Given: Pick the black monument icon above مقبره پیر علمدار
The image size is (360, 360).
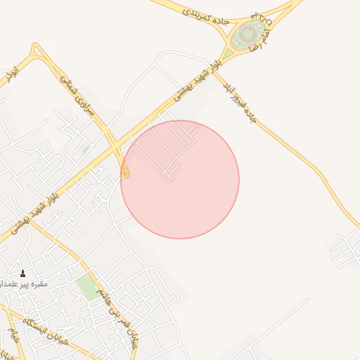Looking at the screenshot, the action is tap(22, 274).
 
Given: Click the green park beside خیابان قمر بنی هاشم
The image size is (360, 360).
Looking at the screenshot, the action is tap(88, 287).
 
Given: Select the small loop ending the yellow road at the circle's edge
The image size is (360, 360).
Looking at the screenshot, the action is tap(125, 172).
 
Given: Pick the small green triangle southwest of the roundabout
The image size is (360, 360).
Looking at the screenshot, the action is tap(229, 53).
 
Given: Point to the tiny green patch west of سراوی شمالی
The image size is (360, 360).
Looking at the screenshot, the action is tap(85, 149).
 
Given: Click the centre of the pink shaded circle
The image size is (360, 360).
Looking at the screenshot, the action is tap(180, 179).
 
